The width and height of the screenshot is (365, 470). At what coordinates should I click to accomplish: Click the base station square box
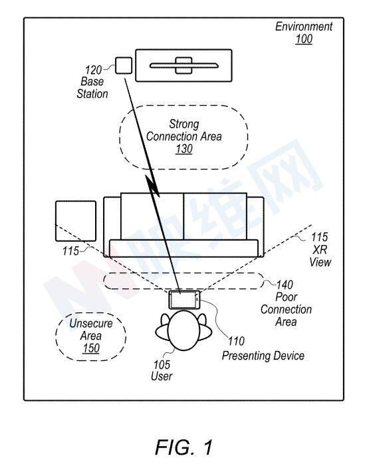click(124, 65)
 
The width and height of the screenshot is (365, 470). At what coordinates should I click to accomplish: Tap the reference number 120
click(93, 70)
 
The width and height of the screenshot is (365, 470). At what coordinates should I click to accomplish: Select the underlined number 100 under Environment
click(304, 39)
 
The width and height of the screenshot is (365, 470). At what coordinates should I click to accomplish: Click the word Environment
click(304, 27)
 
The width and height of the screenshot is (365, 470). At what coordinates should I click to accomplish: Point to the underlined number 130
click(184, 149)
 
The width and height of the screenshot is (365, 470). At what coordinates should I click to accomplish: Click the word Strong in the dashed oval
click(184, 124)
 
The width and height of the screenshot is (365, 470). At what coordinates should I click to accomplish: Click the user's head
click(183, 330)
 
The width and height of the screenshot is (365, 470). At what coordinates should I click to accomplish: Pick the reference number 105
click(162, 365)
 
